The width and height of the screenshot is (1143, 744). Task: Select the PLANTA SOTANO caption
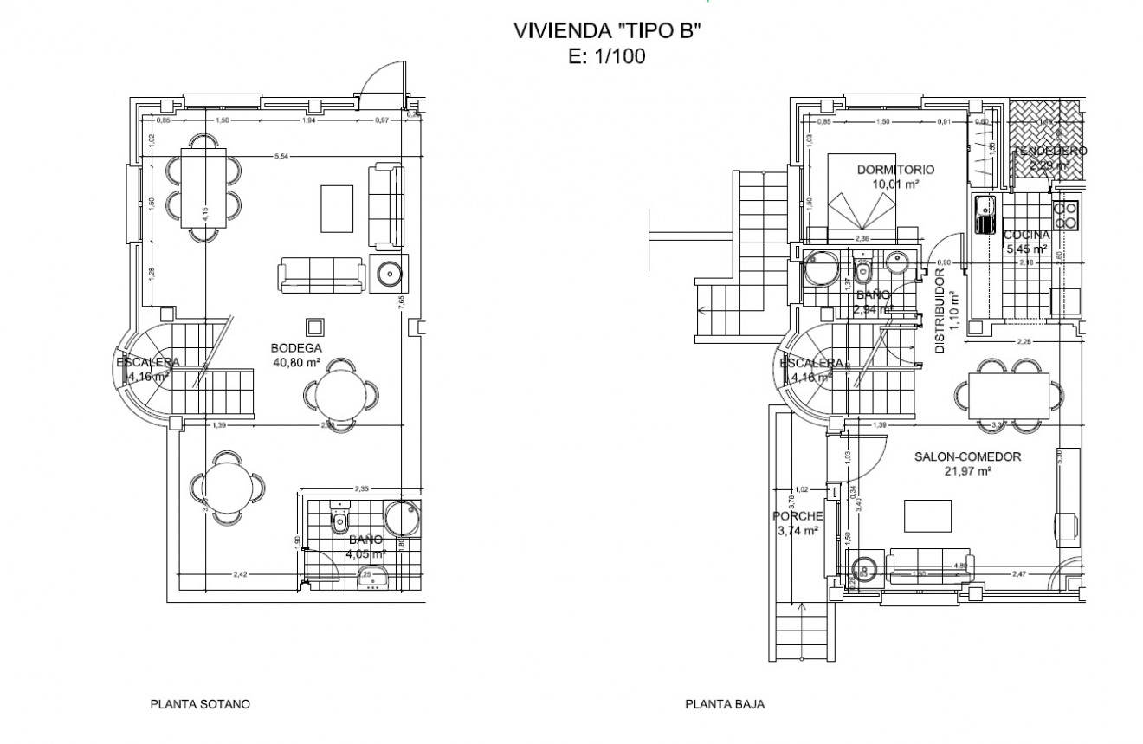coord(200,704)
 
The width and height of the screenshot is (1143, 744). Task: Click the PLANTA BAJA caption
coord(725,704)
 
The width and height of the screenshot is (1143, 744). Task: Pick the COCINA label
coord(1026,235)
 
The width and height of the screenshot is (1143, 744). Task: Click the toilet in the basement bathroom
coord(340,521)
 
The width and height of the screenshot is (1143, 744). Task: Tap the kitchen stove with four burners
coord(1065,214)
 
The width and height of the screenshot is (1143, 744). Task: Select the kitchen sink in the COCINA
coord(984,215)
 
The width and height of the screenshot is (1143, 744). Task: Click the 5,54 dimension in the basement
coord(280,156)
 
